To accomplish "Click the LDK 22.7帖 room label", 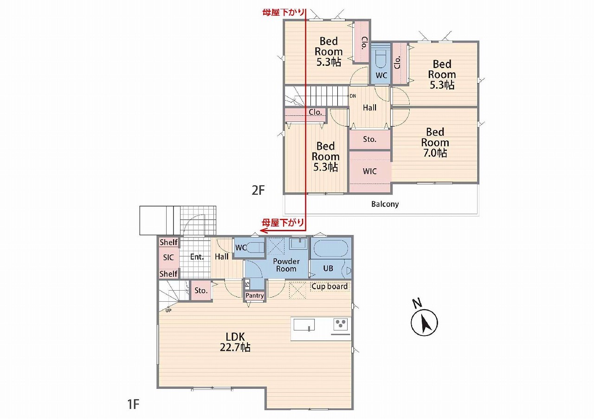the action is click(x=235, y=342).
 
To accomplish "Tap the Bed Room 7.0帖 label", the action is click(x=435, y=142).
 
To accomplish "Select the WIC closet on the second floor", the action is click(x=370, y=171).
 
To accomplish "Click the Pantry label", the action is click(x=255, y=295).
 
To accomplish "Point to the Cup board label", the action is click(x=329, y=286).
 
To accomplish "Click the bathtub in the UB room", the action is click(x=331, y=248).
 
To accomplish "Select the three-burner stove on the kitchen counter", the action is click(x=341, y=324).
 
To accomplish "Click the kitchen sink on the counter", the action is click(x=304, y=325).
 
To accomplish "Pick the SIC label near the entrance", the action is click(x=168, y=257).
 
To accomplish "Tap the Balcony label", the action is click(x=385, y=204).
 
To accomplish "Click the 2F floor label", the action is click(x=258, y=190).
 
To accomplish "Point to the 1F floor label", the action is click(x=133, y=405).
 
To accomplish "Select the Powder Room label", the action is click(x=286, y=265).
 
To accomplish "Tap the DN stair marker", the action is click(x=353, y=96).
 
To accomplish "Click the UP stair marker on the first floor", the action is click(x=168, y=311).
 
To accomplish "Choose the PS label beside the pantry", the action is click(x=247, y=284).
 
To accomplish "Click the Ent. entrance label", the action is click(x=197, y=257).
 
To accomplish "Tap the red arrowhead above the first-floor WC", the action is click(x=263, y=230).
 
